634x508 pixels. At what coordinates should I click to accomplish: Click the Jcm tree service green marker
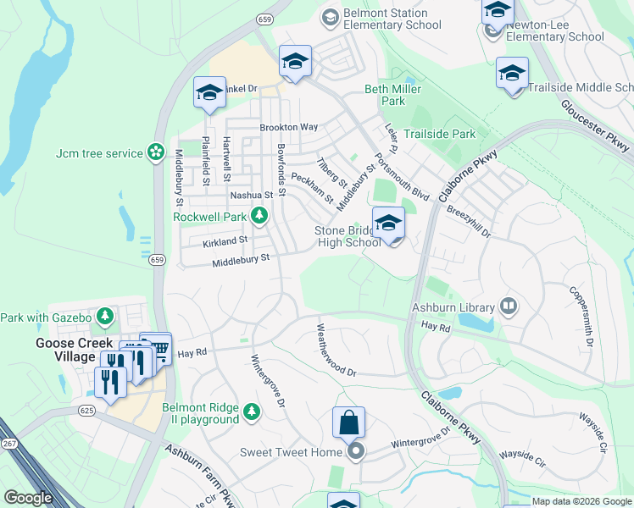tap(155, 152)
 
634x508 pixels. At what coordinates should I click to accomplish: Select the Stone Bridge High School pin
tap(388, 224)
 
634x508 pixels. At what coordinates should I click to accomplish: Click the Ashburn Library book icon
tap(509, 306)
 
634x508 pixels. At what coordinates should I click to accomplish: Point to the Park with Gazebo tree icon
tap(105, 317)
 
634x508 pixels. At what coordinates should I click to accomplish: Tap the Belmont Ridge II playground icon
tap(251, 412)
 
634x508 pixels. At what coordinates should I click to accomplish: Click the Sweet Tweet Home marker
tap(356, 452)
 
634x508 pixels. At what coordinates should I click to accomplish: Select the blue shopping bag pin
tap(348, 421)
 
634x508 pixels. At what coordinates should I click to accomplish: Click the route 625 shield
tap(88, 409)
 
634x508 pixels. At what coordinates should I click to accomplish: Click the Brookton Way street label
tap(288, 127)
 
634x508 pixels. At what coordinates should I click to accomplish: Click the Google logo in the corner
tap(28, 498)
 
